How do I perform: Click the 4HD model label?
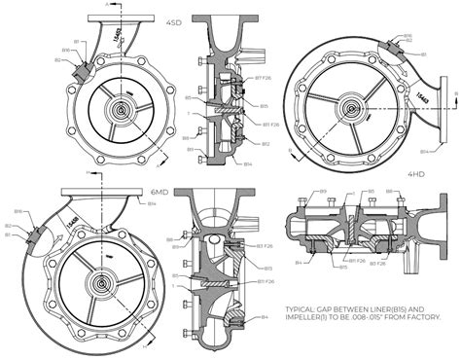[x=416, y=174]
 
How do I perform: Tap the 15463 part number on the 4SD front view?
[x=119, y=35]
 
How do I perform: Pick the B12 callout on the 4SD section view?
[x=265, y=144]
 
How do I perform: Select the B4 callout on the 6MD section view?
[x=264, y=317]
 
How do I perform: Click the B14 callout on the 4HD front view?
[x=425, y=152]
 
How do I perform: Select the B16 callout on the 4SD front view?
[x=65, y=50]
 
